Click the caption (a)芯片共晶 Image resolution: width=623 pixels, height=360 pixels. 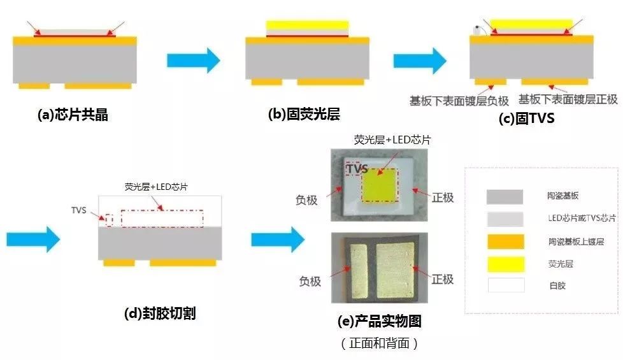tap(73, 115)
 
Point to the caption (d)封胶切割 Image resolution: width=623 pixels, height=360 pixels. tap(159, 313)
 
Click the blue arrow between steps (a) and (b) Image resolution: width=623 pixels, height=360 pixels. tap(193, 61)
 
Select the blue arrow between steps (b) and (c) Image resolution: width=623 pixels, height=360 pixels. tap(420, 61)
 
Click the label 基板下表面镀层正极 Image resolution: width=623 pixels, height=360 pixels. tap(568, 99)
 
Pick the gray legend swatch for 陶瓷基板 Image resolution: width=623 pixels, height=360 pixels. tap(505, 197)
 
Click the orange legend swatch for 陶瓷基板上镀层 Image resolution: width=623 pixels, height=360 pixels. tap(505, 241)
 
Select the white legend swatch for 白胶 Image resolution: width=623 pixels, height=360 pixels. tap(506, 285)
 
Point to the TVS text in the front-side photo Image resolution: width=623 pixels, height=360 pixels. tap(358, 168)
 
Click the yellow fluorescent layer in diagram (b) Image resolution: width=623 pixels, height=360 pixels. tap(307, 25)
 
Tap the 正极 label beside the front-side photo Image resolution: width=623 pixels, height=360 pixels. tap(443, 198)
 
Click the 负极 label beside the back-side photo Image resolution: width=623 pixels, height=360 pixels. tap(310, 281)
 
